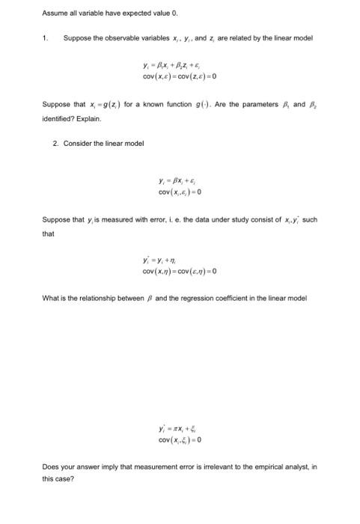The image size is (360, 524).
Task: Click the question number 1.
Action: [x=44, y=37]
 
